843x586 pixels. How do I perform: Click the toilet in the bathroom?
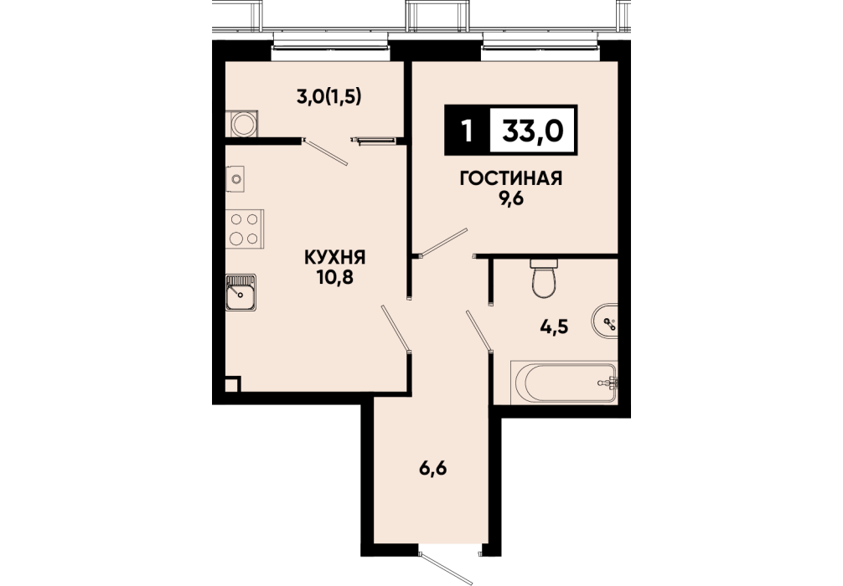[545, 278]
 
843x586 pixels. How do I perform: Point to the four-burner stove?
[246, 229]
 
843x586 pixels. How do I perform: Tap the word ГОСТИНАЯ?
[511, 178]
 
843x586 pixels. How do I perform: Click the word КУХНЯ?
[335, 257]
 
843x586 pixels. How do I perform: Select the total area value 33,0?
[532, 131]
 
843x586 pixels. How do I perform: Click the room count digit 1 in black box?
[468, 131]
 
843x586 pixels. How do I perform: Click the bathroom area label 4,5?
[554, 326]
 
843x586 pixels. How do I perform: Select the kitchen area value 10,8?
[335, 277]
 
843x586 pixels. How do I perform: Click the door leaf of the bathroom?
[479, 331]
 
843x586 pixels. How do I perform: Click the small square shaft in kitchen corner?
[232, 384]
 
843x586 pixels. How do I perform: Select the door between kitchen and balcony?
[326, 152]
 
